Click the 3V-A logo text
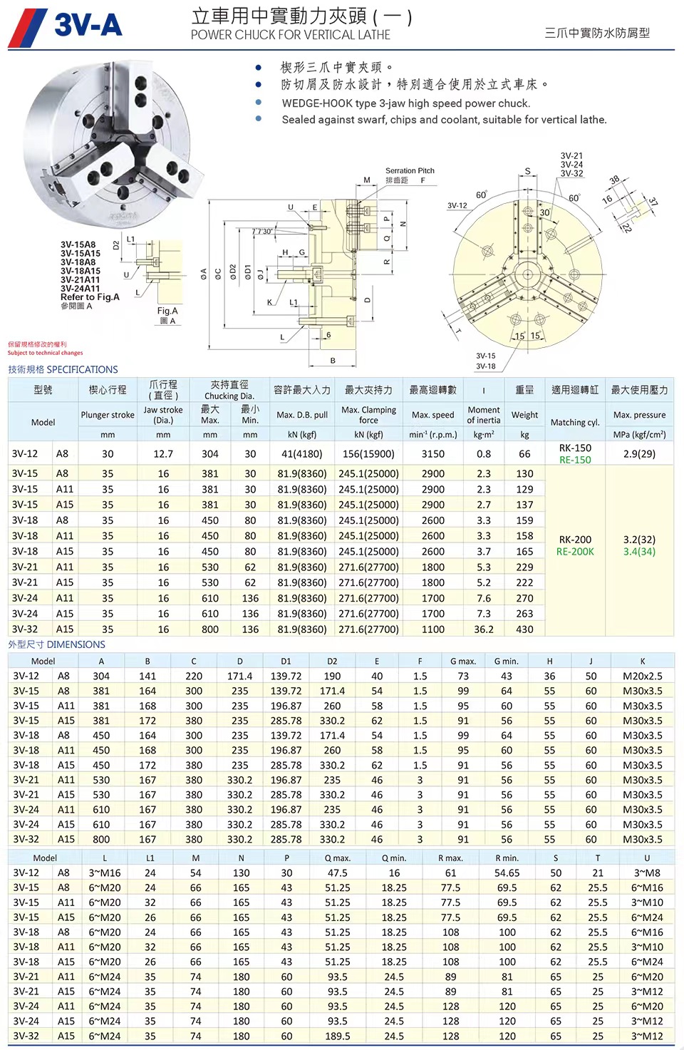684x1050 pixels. pyautogui.click(x=88, y=26)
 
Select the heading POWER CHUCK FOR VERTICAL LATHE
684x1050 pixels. pyautogui.click(x=290, y=35)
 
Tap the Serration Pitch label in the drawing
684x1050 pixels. pyautogui.click(x=410, y=170)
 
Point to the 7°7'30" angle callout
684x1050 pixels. pyautogui.click(x=261, y=232)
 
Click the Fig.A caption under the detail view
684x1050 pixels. pyautogui.click(x=167, y=311)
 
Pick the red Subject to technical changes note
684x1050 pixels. pyautogui.click(x=45, y=353)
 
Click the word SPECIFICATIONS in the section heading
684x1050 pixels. pyautogui.click(x=82, y=369)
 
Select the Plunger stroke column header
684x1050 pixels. pyautogui.click(x=108, y=415)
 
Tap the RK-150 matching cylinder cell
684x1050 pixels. pyautogui.click(x=575, y=448)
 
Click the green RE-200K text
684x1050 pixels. pyautogui.click(x=575, y=552)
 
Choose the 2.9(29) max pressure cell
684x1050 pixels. pyautogui.click(x=639, y=454)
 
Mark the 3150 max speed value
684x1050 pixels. pyautogui.click(x=432, y=454)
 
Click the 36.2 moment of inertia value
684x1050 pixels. pyautogui.click(x=484, y=629)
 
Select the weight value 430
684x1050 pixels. pyautogui.click(x=524, y=629)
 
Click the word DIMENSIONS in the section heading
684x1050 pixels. pyautogui.click(x=76, y=644)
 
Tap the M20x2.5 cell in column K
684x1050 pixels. pyautogui.click(x=642, y=676)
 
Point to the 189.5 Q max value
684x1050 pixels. pyautogui.click(x=337, y=1036)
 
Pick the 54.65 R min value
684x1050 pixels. pyautogui.click(x=507, y=873)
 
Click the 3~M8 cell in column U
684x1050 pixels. pyautogui.click(x=647, y=873)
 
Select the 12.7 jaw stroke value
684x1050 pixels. pyautogui.click(x=163, y=454)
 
